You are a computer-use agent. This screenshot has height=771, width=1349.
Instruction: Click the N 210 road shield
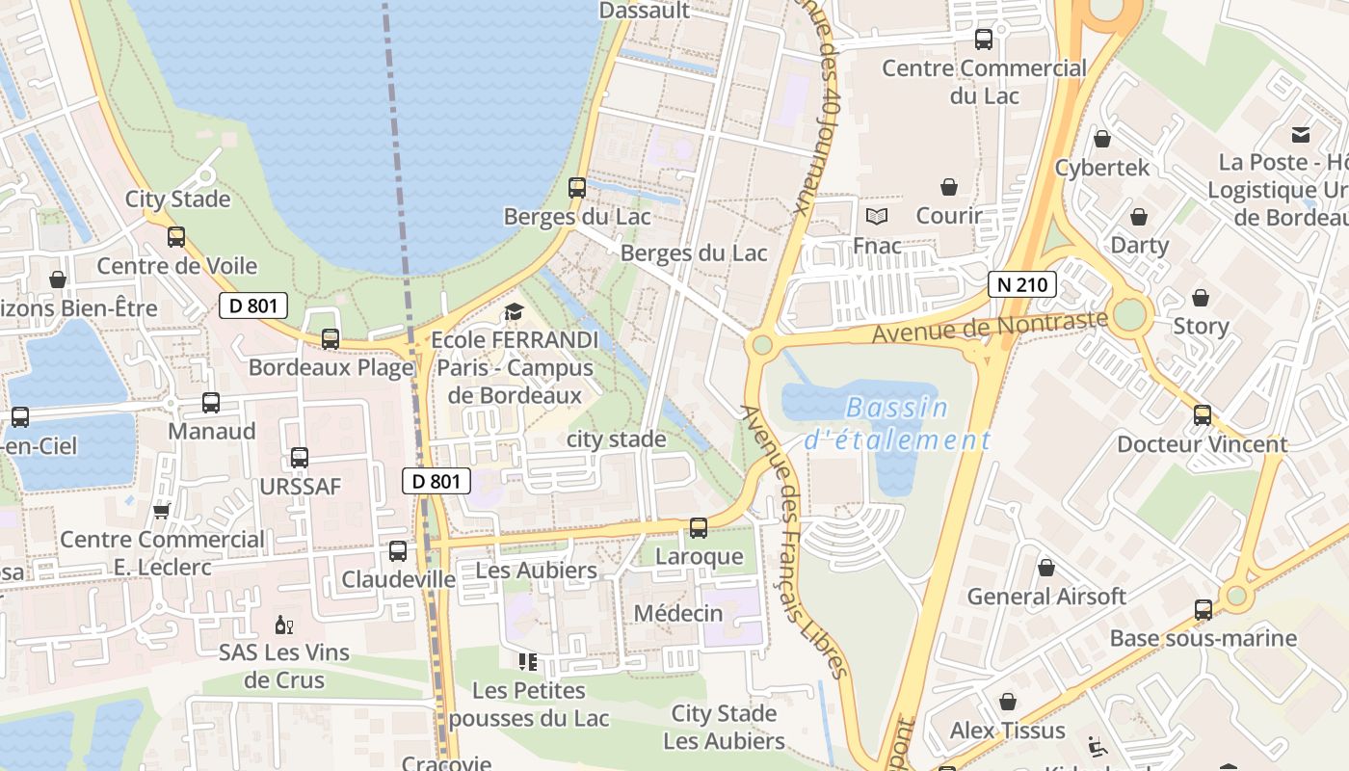[x=1022, y=284]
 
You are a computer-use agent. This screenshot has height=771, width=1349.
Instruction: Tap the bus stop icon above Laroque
[x=699, y=528]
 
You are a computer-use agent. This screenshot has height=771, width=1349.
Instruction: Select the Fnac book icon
[x=876, y=216]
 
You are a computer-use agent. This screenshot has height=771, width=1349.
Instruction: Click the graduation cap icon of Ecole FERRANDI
[x=514, y=311]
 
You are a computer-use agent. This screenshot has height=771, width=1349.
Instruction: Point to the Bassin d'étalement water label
[x=896, y=424]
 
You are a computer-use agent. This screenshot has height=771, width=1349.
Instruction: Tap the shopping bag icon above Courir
[x=949, y=186]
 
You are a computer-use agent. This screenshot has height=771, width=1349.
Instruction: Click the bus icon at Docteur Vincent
[x=1203, y=415]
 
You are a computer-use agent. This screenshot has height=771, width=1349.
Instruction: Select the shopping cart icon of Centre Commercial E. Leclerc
[x=161, y=510]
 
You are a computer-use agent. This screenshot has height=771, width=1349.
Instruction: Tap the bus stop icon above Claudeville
[x=398, y=551]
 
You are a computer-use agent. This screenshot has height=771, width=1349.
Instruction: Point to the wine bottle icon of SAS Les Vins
[x=284, y=625]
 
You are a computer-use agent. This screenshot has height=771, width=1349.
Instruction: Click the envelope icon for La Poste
[x=1301, y=134]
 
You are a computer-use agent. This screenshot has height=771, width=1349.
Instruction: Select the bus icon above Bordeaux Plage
[x=331, y=339]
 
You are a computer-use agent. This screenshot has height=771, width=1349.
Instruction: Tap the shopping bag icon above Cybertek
[x=1102, y=139]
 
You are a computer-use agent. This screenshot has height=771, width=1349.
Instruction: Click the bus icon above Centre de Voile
[x=176, y=237]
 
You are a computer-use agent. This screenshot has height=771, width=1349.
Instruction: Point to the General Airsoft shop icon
[x=1046, y=568]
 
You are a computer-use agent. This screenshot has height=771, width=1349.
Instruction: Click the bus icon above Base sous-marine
[x=1203, y=610]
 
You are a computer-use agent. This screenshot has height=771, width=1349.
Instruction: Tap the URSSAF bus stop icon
[x=300, y=458]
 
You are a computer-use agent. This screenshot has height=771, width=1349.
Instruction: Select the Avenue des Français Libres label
[x=794, y=540]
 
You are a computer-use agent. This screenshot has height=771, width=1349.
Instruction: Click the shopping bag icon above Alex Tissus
[x=1008, y=702]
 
